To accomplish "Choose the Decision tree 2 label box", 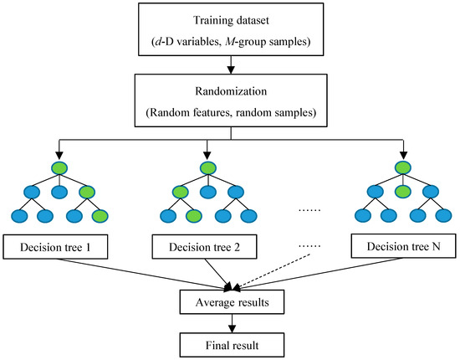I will click(x=205, y=248).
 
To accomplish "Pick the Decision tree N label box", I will click(x=404, y=248).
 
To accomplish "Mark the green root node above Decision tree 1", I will click(x=59, y=167).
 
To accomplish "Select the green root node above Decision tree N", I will click(x=403, y=167).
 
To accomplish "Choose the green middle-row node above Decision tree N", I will click(x=403, y=191).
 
